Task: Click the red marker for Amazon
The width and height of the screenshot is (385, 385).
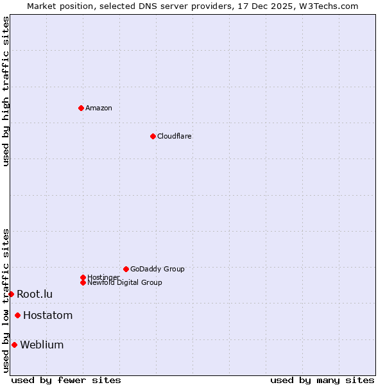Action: (81, 108)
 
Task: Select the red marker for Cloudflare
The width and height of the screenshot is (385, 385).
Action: (153, 136)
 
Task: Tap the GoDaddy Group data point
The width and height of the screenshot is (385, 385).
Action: (126, 269)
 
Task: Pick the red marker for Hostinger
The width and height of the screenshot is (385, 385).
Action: (83, 277)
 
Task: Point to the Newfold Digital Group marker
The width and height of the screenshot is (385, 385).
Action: (83, 282)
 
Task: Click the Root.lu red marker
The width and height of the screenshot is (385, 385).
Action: (11, 294)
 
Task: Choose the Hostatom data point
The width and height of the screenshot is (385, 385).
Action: (17, 315)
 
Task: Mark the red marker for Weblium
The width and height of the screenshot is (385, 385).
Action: (14, 345)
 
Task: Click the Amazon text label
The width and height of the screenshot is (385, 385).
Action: (99, 108)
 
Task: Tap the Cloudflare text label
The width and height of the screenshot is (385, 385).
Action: (175, 136)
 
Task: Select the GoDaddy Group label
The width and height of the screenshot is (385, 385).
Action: (157, 269)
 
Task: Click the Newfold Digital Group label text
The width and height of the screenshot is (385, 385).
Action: (125, 283)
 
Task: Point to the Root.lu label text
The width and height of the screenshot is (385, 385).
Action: (35, 294)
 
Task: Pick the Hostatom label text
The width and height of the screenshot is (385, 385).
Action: (47, 315)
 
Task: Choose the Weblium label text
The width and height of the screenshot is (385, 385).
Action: (42, 345)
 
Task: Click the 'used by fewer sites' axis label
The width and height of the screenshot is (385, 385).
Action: (66, 380)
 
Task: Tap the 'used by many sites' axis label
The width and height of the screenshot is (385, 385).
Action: (322, 380)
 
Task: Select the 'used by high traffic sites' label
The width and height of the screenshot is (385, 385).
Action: (6, 91)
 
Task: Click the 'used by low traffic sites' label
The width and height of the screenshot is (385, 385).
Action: (6, 300)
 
